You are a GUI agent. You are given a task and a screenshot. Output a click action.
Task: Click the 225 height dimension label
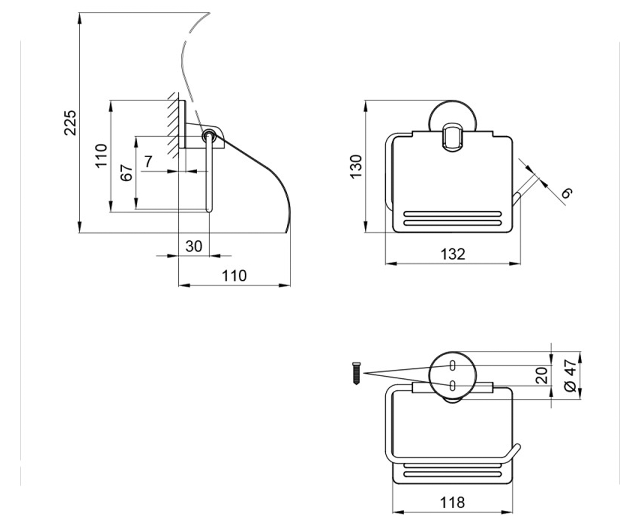pos(70,123)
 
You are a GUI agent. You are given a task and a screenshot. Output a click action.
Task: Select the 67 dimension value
pos(127,172)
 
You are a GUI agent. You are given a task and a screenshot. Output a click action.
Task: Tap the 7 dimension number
pos(148,162)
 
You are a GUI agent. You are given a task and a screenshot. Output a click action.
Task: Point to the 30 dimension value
pos(194,246)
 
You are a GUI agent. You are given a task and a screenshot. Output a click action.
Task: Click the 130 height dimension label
pos(356,167)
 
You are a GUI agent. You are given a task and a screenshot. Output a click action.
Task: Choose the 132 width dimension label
pos(453,254)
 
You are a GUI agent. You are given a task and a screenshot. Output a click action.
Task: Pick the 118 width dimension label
pos(452,503)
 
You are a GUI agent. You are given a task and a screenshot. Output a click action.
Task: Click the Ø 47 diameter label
pos(571,375)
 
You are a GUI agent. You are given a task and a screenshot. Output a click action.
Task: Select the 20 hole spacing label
pos(541,375)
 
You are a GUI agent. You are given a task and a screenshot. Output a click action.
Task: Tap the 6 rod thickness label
pos(567,193)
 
